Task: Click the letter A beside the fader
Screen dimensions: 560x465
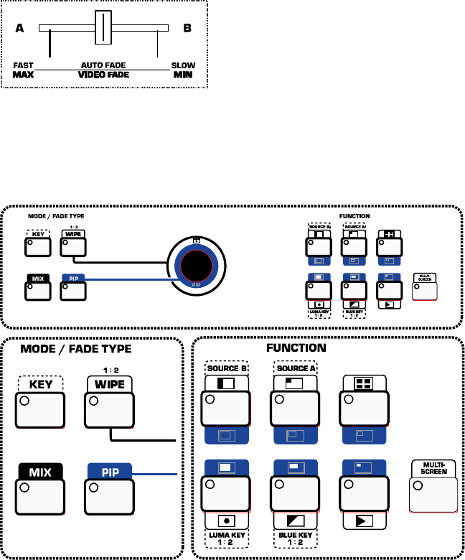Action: tap(19, 29)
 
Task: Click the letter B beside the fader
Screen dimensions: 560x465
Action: tap(187, 29)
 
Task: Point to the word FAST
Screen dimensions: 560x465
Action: tap(23, 65)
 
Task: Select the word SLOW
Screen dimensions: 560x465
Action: tap(183, 65)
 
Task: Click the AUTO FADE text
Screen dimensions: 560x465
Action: tap(103, 65)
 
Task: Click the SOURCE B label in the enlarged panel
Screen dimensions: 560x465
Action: tap(226, 369)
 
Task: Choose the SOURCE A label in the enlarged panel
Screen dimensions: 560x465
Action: tap(295, 369)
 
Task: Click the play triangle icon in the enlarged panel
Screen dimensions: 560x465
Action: tap(364, 518)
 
